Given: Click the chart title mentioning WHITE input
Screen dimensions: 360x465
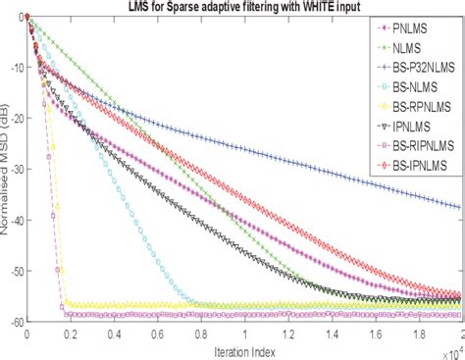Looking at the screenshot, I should point(245,8).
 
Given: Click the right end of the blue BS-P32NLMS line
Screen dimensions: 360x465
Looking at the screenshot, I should point(460,207).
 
